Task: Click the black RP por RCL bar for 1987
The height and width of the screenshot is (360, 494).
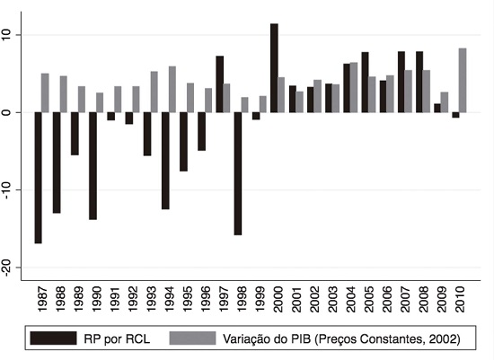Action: pyautogui.click(x=39, y=178)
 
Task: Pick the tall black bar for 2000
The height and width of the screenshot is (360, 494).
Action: pyautogui.click(x=274, y=68)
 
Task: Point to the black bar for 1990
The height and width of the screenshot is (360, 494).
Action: pyautogui.click(x=93, y=166)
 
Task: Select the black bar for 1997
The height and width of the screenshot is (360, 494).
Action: pyautogui.click(x=219, y=84)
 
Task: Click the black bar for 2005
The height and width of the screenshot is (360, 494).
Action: pyautogui.click(x=365, y=83)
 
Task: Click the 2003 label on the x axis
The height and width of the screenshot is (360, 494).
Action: pyautogui.click(x=332, y=297)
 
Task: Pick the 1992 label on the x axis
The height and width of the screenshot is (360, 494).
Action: pyautogui.click(x=133, y=297)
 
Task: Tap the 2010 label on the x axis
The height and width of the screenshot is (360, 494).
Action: pyautogui.click(x=460, y=297)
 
